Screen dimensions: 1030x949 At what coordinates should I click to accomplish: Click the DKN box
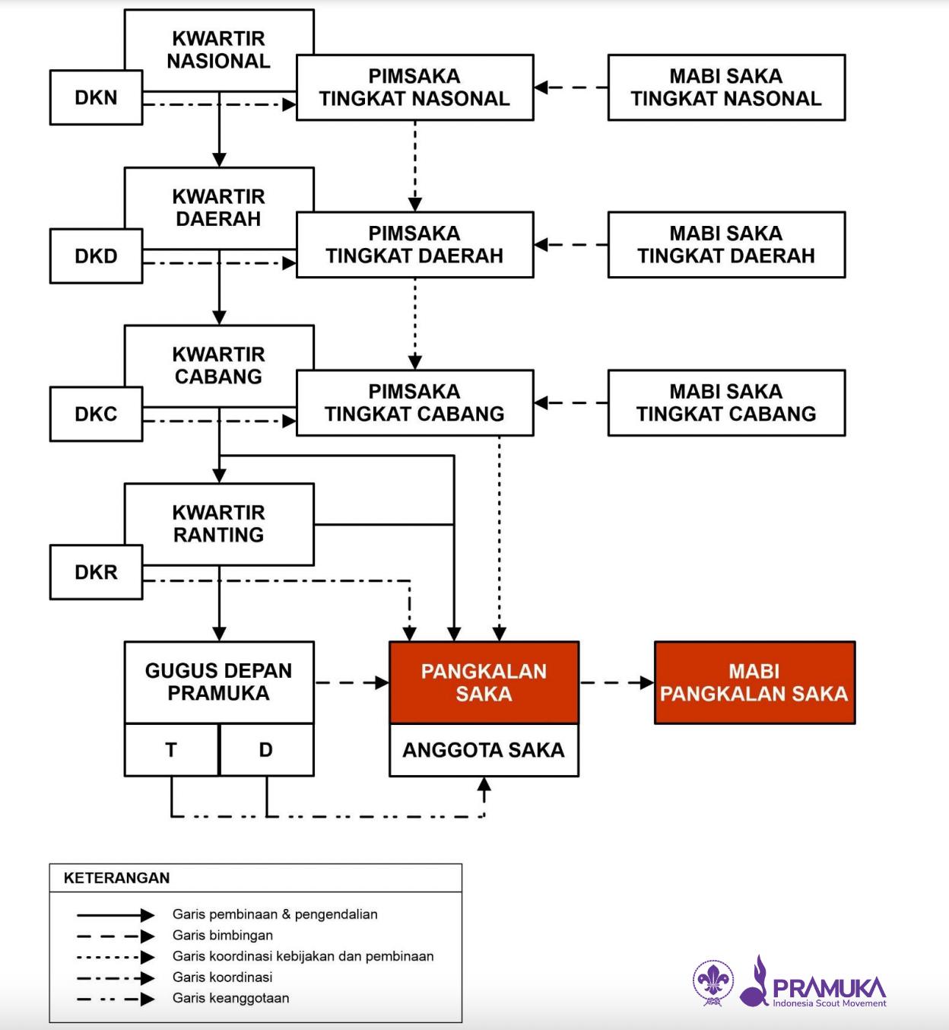pyautogui.click(x=96, y=97)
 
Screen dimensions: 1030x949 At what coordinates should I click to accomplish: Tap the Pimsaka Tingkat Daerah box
pyautogui.click(x=414, y=245)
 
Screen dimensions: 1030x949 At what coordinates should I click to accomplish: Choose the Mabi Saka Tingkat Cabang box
pyautogui.click(x=726, y=402)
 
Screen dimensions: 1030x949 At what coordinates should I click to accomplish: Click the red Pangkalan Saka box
pyautogui.click(x=484, y=682)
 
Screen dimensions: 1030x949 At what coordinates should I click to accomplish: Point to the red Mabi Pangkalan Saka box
pyautogui.click(x=754, y=682)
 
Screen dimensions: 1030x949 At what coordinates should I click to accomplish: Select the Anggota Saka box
pyautogui.click(x=484, y=750)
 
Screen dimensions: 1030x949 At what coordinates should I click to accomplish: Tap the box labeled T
pyautogui.click(x=171, y=750)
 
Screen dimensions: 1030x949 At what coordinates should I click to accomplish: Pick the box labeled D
pyautogui.click(x=266, y=750)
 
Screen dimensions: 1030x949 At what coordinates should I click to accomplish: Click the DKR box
pyautogui.click(x=96, y=572)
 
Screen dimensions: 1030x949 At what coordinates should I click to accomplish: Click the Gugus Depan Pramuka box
pyautogui.click(x=219, y=682)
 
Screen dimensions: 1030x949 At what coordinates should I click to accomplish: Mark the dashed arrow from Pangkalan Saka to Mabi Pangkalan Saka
pyautogui.click(x=616, y=682)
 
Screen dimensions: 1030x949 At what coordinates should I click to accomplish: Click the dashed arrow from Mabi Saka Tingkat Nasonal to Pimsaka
pyautogui.click(x=570, y=87)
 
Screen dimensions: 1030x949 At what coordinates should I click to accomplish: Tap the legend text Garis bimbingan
pyautogui.click(x=222, y=935)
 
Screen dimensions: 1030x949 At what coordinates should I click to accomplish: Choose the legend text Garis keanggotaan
pyautogui.click(x=230, y=998)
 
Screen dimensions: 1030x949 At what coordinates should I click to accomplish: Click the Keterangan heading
pyautogui.click(x=116, y=878)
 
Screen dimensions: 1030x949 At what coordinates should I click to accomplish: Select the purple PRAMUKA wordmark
pyautogui.click(x=829, y=987)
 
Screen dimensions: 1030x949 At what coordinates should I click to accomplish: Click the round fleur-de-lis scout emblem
pyautogui.click(x=713, y=982)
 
